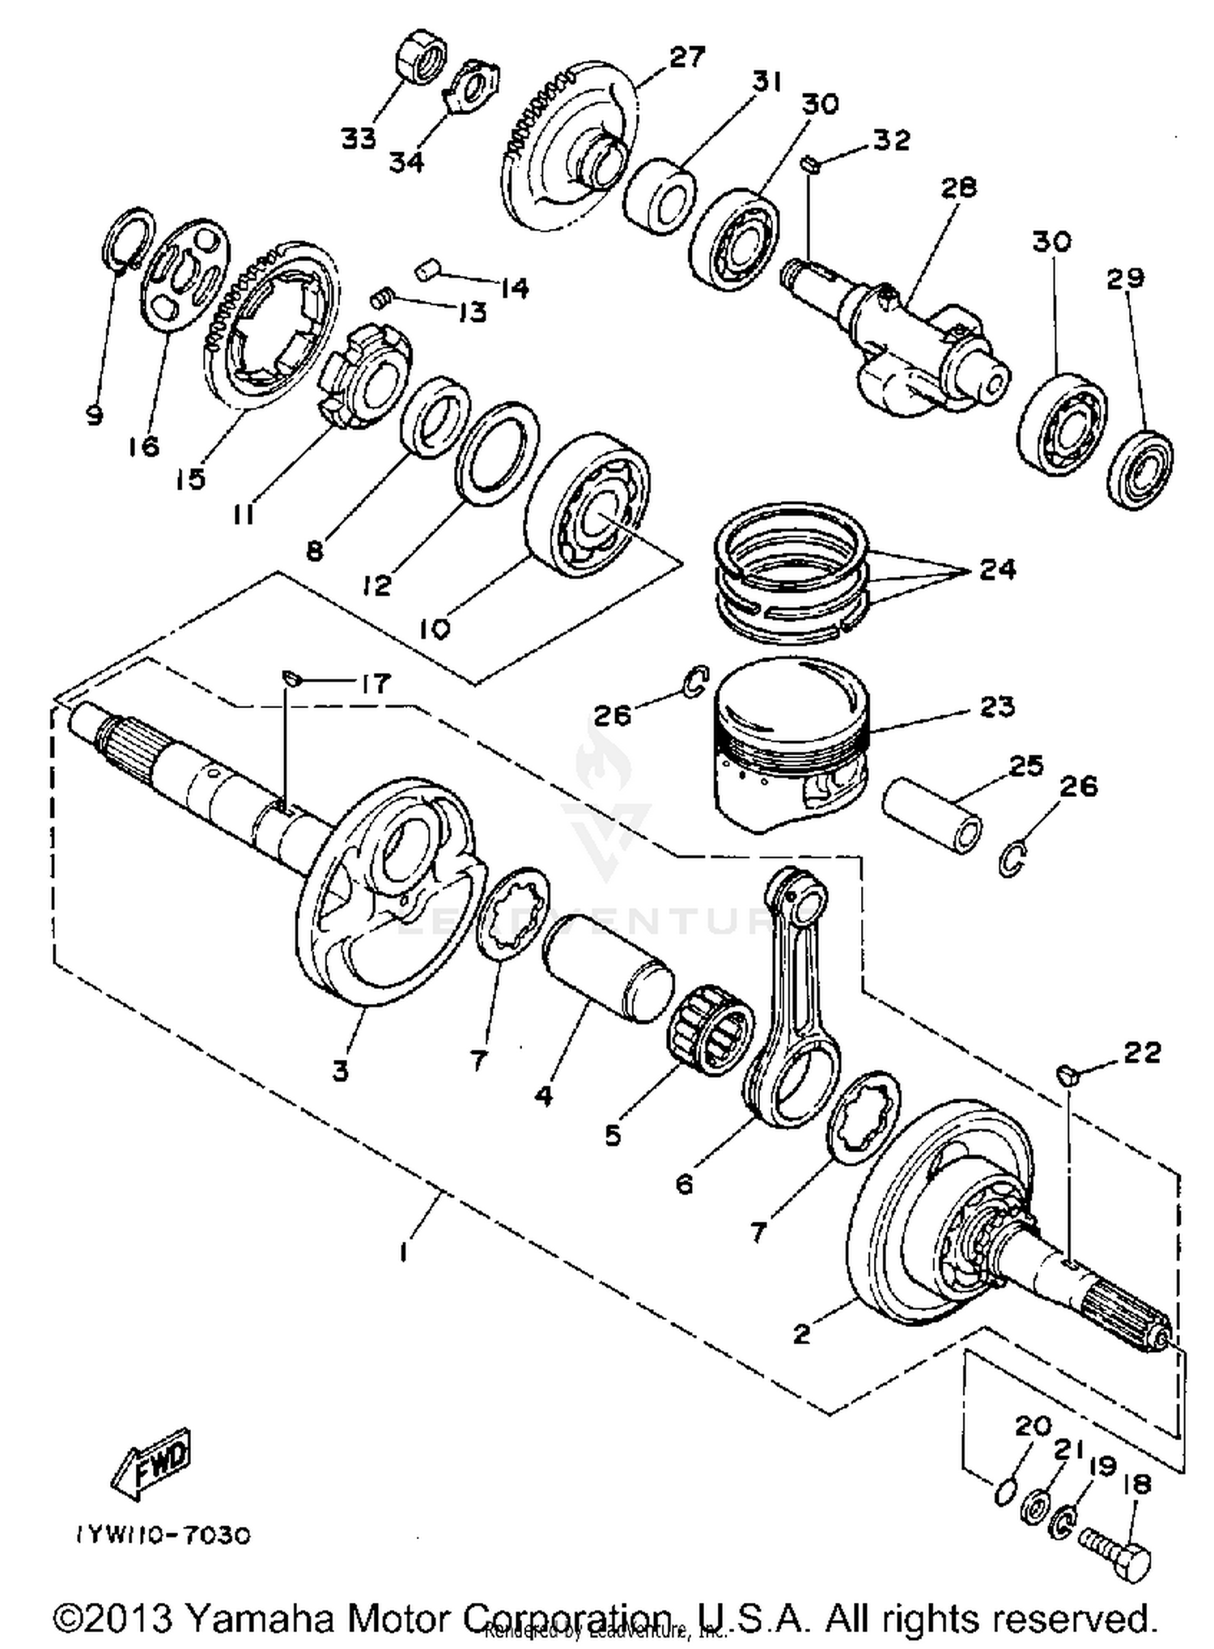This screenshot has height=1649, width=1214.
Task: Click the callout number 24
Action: point(997,570)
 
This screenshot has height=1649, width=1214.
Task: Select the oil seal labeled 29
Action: point(1140,471)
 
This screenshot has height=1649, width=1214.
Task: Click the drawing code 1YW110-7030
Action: point(163,1535)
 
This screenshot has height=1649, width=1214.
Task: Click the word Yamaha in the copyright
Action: point(261,1617)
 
